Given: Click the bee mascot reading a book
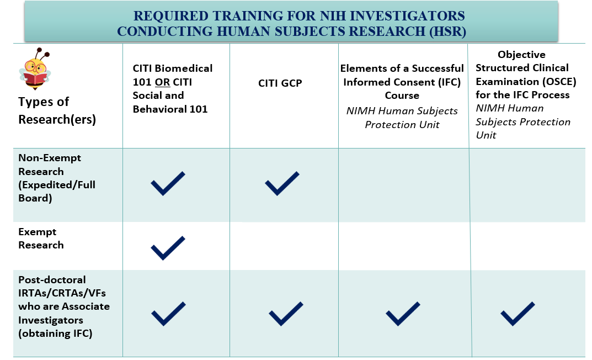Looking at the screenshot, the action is (35, 69).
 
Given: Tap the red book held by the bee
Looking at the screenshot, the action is (35, 79).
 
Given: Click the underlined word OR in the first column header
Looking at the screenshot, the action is (162, 82).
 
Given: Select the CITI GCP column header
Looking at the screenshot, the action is (280, 83).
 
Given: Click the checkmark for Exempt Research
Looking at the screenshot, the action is (168, 248).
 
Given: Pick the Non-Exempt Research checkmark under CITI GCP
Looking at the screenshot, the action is (282, 183).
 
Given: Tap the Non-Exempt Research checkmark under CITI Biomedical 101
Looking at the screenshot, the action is (168, 183).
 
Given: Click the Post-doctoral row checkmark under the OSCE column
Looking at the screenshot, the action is (518, 314).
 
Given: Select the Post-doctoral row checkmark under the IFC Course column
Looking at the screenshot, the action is (403, 314).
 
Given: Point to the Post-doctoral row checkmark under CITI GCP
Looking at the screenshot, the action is (286, 314).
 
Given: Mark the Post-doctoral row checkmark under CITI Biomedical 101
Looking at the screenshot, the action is (168, 314).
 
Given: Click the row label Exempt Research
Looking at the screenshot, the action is (41, 239).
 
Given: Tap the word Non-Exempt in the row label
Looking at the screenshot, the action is (50, 158).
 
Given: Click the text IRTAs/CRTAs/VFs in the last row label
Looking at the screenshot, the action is (62, 293).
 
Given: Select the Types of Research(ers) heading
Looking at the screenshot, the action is (57, 110).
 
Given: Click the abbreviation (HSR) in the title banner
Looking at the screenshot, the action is (447, 31).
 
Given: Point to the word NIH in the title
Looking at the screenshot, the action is (333, 16).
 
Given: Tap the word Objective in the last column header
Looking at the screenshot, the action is (521, 55).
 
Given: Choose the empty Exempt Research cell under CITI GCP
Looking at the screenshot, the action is (284, 246).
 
